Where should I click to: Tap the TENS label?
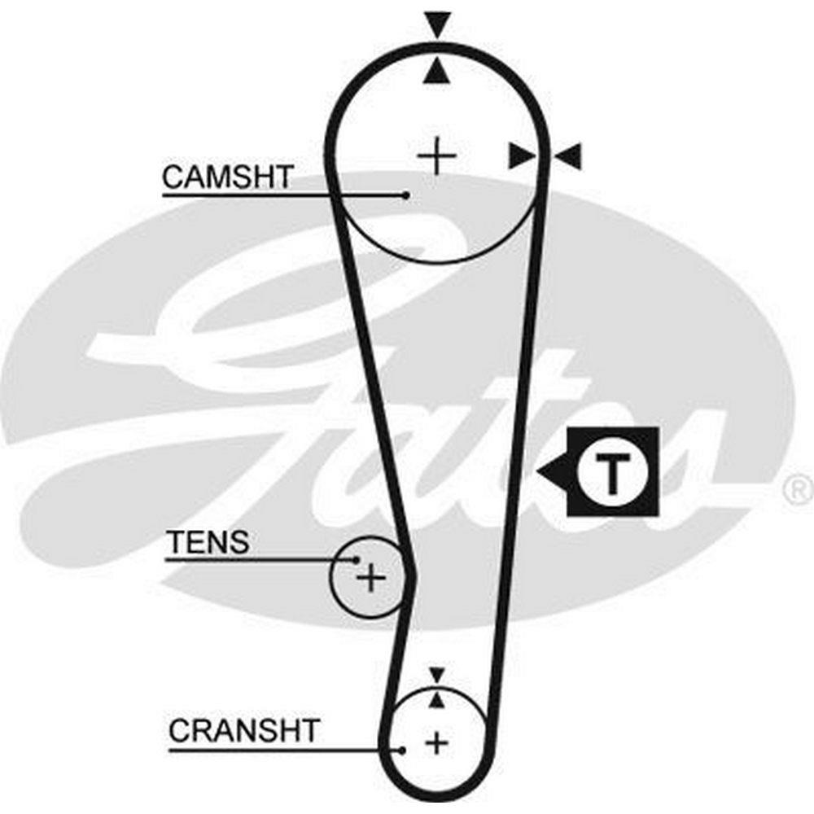click(208, 542)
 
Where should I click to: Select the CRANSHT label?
click(243, 730)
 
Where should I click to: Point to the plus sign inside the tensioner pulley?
click(371, 578)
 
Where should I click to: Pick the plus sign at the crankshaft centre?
click(437, 742)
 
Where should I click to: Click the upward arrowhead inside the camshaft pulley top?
click(438, 72)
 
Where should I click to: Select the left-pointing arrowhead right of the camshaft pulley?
click(570, 155)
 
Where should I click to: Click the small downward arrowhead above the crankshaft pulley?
click(437, 675)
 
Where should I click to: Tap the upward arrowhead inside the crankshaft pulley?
click(437, 699)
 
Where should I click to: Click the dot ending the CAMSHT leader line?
click(405, 195)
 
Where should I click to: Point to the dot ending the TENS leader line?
click(357, 559)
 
